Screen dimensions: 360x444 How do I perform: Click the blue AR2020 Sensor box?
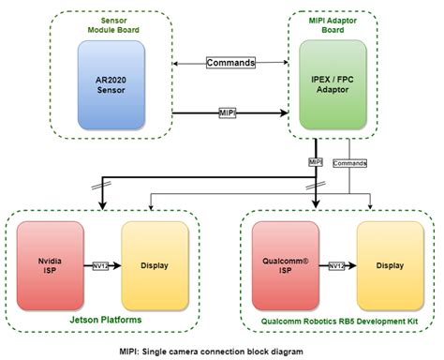click(111, 84)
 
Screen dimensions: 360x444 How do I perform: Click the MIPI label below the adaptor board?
click(316, 162)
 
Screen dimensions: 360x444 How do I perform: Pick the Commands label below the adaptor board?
click(349, 162)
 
